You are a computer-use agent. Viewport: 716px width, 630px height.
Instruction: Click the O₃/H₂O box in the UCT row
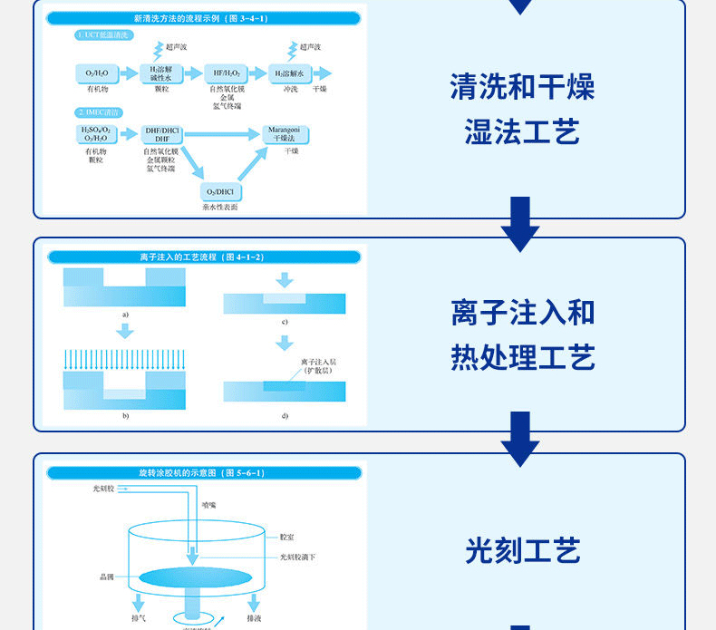click(x=98, y=73)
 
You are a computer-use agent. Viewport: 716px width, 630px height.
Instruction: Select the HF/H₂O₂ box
click(x=227, y=73)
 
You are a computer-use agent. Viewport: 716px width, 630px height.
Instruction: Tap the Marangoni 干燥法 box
click(x=285, y=134)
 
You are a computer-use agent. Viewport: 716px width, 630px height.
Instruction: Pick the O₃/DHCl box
click(x=220, y=191)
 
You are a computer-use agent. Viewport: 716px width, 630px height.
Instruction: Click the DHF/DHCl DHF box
click(x=163, y=134)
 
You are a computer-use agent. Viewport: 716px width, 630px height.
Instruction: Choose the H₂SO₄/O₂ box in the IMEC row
click(x=96, y=134)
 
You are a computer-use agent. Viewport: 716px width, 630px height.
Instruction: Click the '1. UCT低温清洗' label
click(x=104, y=34)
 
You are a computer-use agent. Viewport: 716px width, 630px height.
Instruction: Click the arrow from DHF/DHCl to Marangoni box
click(x=222, y=134)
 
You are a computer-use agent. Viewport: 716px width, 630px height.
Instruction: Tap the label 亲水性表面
click(x=220, y=208)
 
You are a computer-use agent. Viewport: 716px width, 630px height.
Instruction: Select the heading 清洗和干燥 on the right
click(x=522, y=88)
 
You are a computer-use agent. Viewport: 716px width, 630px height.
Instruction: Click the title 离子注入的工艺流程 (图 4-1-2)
click(x=202, y=257)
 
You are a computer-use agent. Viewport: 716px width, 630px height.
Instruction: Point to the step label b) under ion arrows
click(x=125, y=415)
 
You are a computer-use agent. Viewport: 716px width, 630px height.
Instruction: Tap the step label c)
click(x=285, y=322)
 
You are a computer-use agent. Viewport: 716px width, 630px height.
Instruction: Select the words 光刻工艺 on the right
click(x=522, y=550)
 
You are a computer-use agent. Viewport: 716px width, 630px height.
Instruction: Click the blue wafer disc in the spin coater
click(x=196, y=577)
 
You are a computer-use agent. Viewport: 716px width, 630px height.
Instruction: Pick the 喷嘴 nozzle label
click(x=209, y=505)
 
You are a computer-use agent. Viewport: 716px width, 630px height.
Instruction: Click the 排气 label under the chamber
click(x=138, y=618)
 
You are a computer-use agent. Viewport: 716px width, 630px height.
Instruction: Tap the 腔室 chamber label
click(x=287, y=538)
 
